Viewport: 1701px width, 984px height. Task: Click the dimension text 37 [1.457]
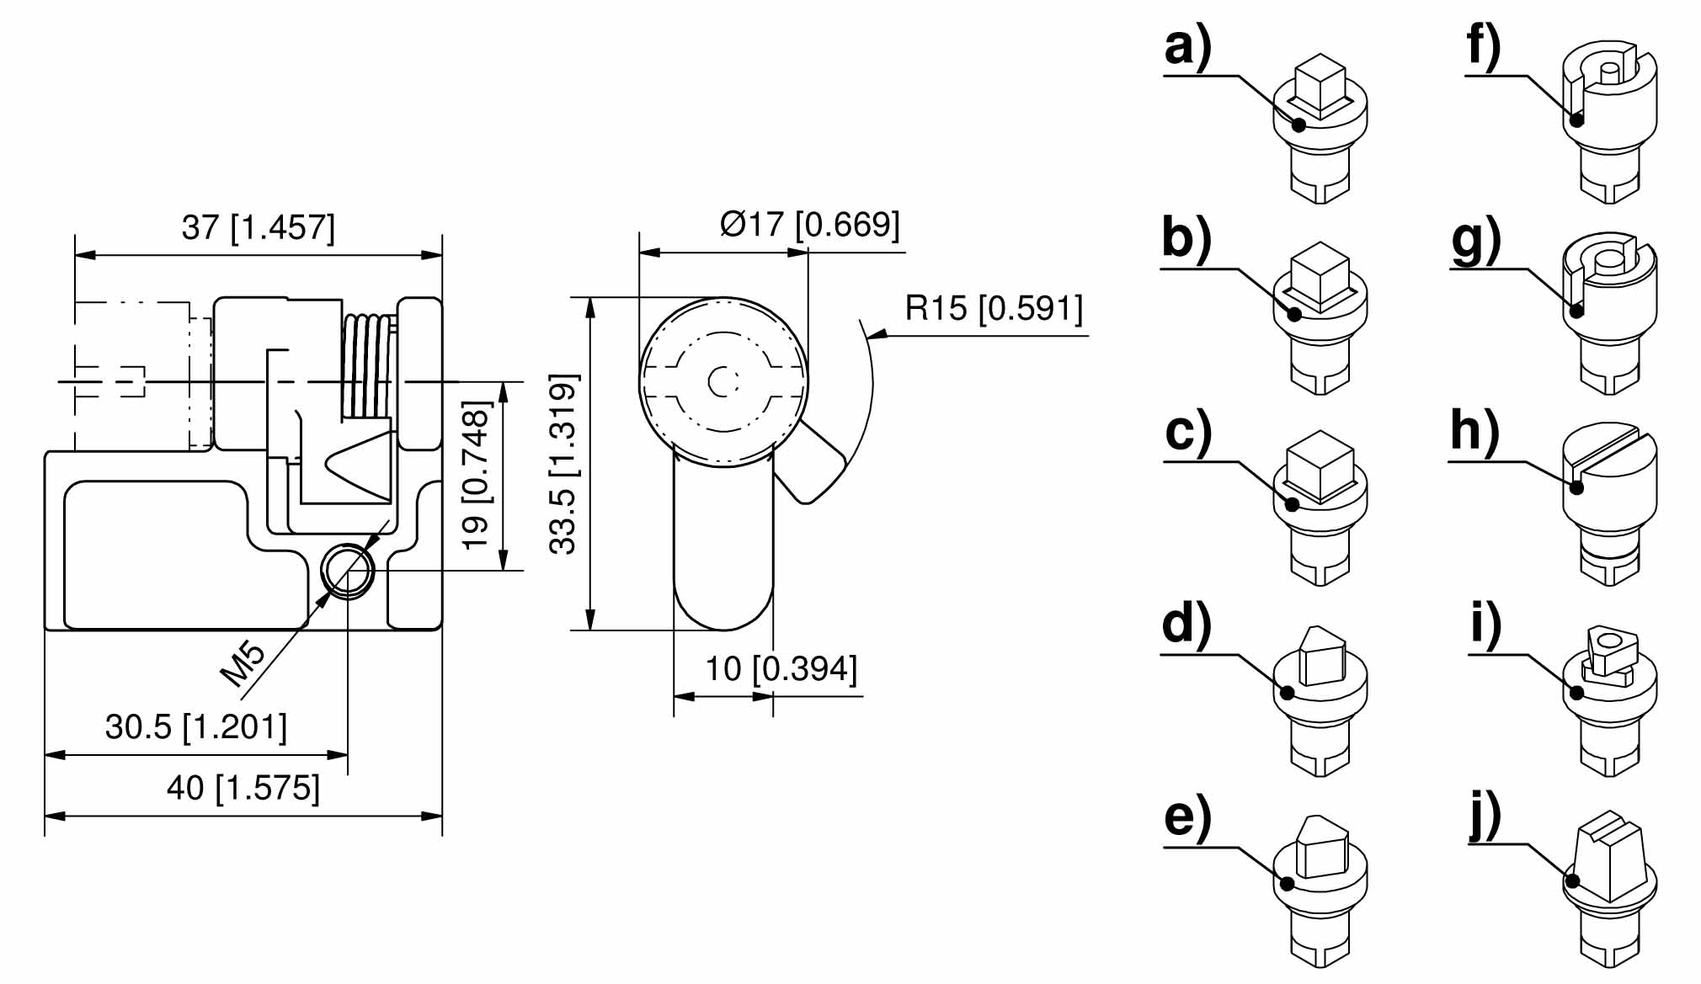(258, 227)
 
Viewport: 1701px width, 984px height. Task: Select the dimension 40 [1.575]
(243, 788)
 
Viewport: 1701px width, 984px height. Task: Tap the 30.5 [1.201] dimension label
(195, 726)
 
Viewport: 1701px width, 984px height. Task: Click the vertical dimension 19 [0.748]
(477, 476)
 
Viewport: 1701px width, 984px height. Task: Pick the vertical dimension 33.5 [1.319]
(563, 464)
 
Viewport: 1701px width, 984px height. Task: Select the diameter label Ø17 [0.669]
(810, 224)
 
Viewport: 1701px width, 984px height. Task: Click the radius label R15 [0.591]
(994, 308)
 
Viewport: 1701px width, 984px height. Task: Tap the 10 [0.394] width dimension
(781, 668)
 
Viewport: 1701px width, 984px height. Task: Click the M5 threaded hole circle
(348, 570)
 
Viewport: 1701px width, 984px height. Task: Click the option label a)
(1187, 47)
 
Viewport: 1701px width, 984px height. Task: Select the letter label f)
(1484, 47)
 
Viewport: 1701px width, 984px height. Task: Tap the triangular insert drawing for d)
(1320, 699)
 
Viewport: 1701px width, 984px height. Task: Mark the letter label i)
(1485, 626)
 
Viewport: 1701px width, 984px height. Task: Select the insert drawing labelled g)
(1609, 311)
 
